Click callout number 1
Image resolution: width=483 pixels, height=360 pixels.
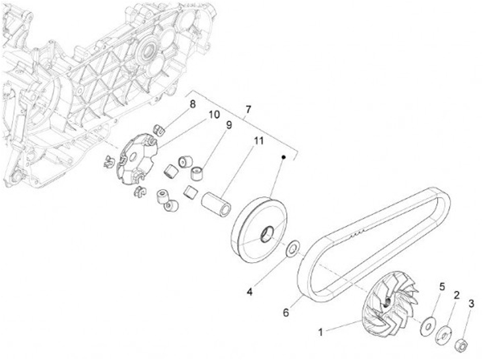coord(321,331)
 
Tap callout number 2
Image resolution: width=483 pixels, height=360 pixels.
coord(456,295)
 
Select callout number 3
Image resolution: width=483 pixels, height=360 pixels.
coord(472,304)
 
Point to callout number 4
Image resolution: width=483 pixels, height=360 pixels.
coord(250,292)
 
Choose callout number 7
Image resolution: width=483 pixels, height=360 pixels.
coord(248,109)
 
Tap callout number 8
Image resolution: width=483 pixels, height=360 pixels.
coord(192,104)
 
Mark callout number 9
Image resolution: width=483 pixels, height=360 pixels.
coord(228,125)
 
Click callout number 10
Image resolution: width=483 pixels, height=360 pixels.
coord(213,115)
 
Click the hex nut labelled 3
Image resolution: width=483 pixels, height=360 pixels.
coord(461,345)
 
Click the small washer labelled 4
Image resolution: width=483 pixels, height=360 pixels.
coord(292,249)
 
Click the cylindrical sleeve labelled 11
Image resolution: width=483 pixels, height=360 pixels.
coord(217,202)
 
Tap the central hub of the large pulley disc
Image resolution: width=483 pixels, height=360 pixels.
coord(266,235)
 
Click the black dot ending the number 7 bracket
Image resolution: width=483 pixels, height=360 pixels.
coord(284,157)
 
